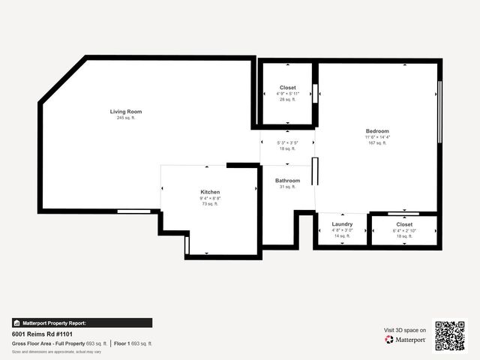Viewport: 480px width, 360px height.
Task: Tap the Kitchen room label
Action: [210, 192]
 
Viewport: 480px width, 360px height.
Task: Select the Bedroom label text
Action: [377, 131]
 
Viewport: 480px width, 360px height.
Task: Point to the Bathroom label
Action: [287, 181]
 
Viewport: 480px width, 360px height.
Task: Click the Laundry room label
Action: [342, 224]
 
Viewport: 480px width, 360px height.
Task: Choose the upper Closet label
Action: [287, 88]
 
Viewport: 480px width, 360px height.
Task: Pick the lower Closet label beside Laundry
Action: [404, 224]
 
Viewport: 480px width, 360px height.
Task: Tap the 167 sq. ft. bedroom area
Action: [377, 143]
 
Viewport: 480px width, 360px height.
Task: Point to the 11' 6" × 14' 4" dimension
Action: [377, 137]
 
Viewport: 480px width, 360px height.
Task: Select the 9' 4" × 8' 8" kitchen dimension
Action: [210, 198]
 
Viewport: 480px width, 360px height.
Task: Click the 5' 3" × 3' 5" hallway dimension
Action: [287, 142]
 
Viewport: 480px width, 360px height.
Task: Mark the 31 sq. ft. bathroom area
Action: [287, 187]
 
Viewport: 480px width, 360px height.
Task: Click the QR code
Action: [450, 334]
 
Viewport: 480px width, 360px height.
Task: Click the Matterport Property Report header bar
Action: [50, 322]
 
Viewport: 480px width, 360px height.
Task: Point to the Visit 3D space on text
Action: [405, 330]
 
